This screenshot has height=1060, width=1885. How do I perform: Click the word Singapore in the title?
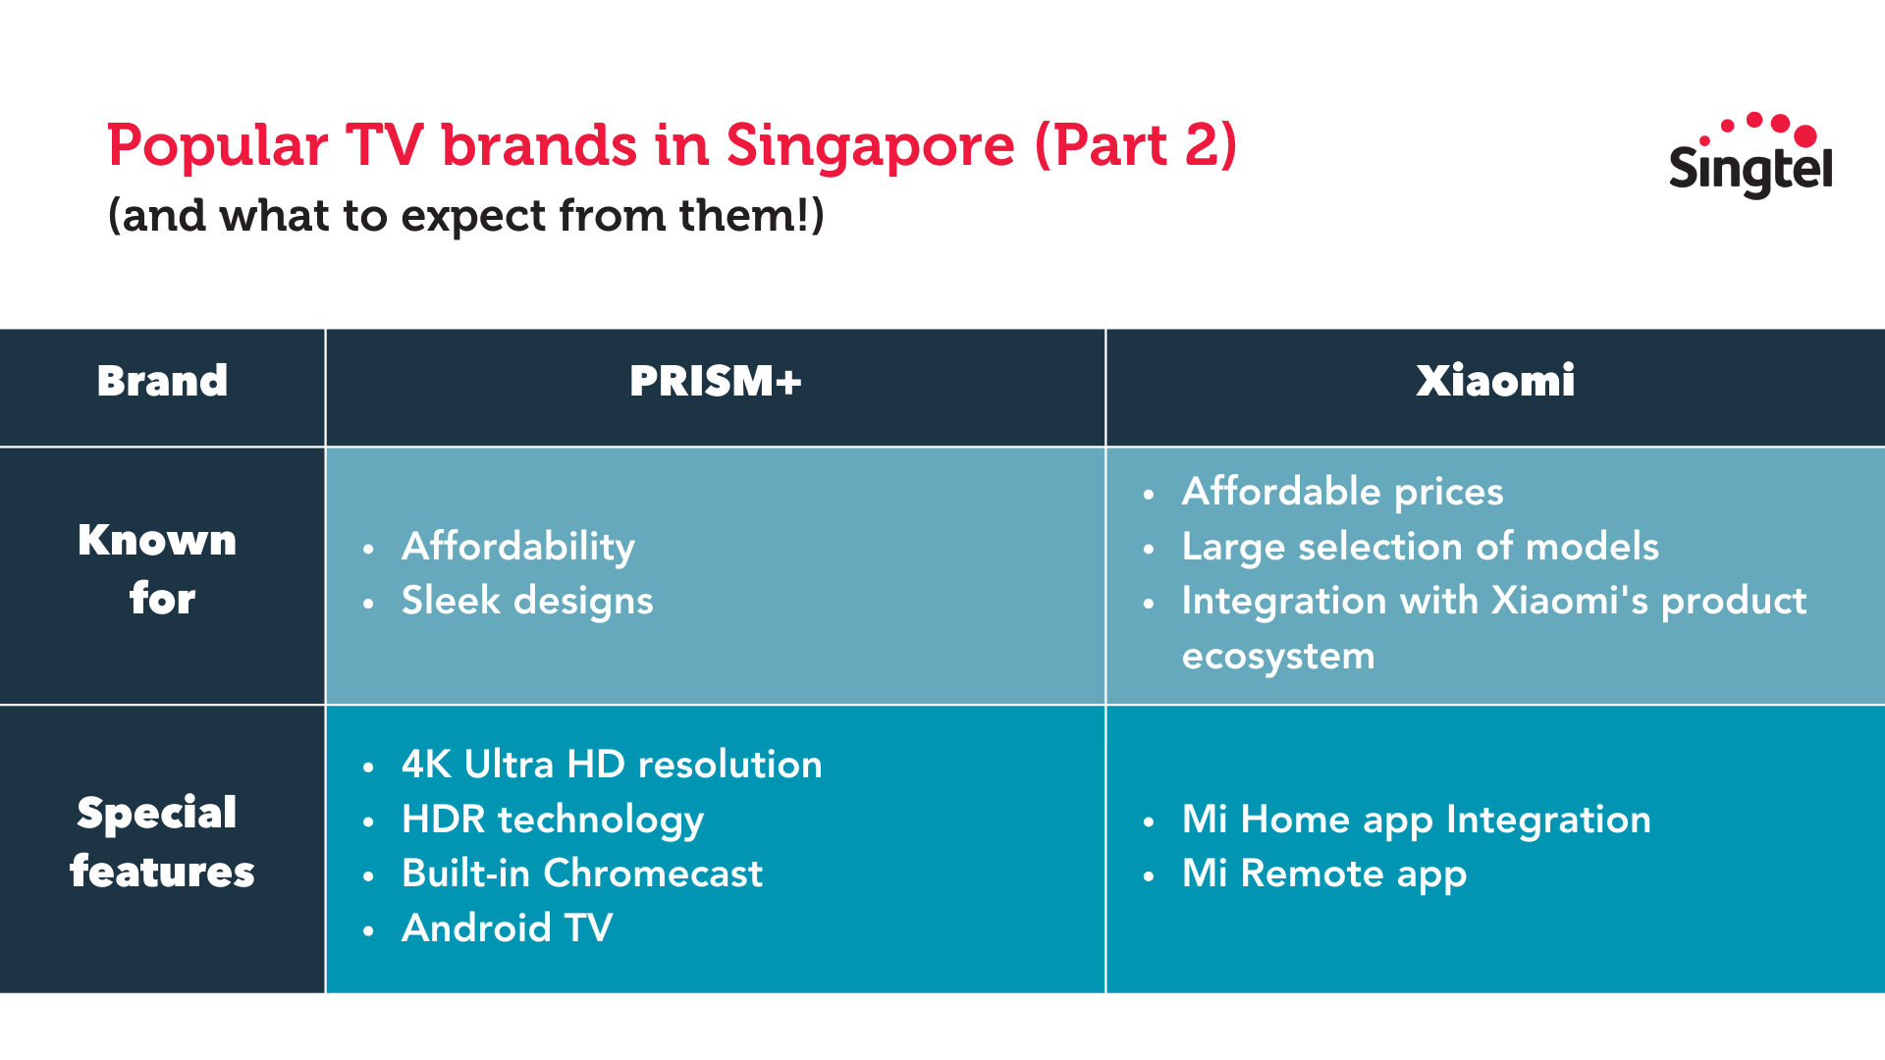point(870,147)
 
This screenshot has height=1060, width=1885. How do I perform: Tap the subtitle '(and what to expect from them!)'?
point(465,215)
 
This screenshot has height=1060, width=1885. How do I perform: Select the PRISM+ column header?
point(716,381)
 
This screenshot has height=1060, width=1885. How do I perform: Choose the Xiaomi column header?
point(1495,381)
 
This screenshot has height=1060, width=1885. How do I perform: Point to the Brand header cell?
point(162,381)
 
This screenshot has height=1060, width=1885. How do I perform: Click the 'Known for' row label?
point(158,569)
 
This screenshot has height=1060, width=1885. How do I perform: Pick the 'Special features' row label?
point(162,842)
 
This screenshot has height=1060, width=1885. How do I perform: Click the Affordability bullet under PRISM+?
point(518,547)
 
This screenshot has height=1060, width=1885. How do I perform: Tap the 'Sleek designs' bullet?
point(527,601)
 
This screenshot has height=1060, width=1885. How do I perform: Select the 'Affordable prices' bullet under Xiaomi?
point(1342,492)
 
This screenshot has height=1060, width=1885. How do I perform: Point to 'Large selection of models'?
point(1421,546)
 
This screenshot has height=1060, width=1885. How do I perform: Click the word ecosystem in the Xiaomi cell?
point(1278,657)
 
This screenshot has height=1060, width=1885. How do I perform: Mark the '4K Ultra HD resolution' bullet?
point(612,765)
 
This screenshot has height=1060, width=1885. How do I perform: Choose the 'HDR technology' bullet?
point(553,820)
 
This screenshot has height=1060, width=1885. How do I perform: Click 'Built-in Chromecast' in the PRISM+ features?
point(582,874)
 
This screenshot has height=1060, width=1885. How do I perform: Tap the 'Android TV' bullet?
point(508,928)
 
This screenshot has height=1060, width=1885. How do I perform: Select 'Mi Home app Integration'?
point(1417,821)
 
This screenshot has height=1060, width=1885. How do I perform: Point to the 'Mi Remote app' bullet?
point(1324,874)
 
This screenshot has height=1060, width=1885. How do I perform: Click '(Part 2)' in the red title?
point(1135,147)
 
